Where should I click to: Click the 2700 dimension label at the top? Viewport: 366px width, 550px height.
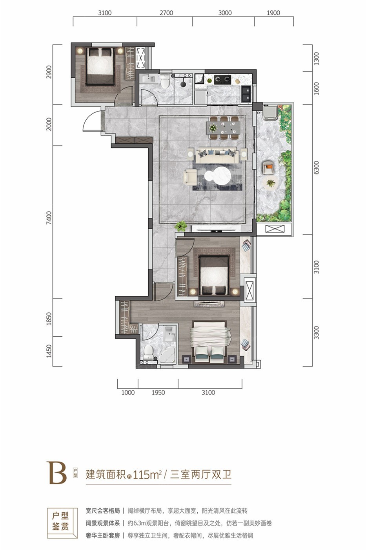coord(166,13)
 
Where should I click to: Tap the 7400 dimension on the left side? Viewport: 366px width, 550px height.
coord(49,217)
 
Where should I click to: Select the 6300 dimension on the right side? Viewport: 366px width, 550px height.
coord(317,168)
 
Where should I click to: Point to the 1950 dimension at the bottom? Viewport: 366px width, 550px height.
coord(158,392)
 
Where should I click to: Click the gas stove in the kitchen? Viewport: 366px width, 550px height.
coord(222,80)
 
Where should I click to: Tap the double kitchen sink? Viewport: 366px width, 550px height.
coord(246,94)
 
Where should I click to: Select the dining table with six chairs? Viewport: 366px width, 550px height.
coord(224,128)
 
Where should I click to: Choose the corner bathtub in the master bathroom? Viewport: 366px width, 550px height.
coord(168,354)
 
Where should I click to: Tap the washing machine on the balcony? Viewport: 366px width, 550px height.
coord(270,112)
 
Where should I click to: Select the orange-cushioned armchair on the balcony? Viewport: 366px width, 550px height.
coord(269,167)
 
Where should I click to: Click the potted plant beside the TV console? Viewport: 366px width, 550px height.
coord(181,225)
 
